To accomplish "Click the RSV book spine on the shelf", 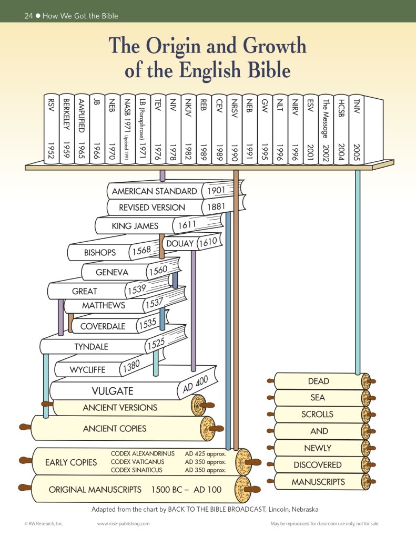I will (52, 129).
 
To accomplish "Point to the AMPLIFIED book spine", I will (82, 129).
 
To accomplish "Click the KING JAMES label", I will (135, 226).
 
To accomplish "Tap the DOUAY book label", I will (180, 244).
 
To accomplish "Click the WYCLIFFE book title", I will (87, 369).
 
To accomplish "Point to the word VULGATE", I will (113, 391).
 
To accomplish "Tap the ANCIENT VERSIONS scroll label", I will (120, 408).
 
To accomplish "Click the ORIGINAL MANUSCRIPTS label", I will (95, 490).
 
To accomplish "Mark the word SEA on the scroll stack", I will (318, 398).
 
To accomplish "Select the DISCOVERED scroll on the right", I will (318, 465).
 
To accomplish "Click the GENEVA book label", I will (112, 272).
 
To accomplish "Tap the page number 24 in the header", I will (29, 16).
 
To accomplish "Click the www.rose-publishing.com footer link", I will (123, 524).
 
